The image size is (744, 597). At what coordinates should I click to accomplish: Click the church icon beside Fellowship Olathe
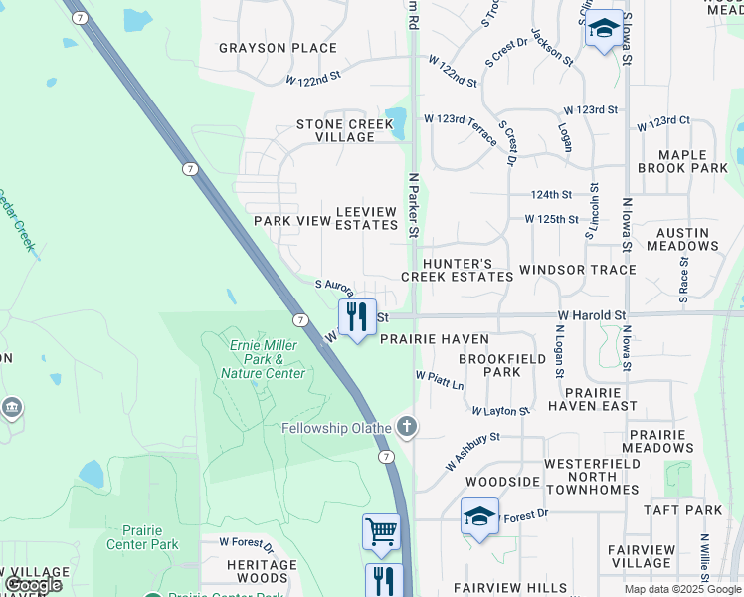pyautogui.click(x=406, y=428)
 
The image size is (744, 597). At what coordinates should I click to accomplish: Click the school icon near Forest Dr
pyautogui.click(x=479, y=516)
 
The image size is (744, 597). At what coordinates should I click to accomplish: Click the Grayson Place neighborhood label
pyautogui.click(x=265, y=48)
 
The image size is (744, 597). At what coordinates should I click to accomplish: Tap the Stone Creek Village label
pyautogui.click(x=336, y=131)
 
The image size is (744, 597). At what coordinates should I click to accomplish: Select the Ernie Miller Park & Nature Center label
pyautogui.click(x=268, y=359)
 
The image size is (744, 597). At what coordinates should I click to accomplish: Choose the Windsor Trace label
pyautogui.click(x=577, y=270)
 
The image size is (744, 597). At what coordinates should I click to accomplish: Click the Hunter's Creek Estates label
pyautogui.click(x=457, y=270)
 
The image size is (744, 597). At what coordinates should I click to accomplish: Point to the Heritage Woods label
pyautogui.click(x=263, y=571)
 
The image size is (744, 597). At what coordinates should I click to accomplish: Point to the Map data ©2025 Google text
pyautogui.click(x=681, y=589)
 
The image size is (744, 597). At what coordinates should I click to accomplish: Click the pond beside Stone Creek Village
pyautogui.click(x=397, y=122)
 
